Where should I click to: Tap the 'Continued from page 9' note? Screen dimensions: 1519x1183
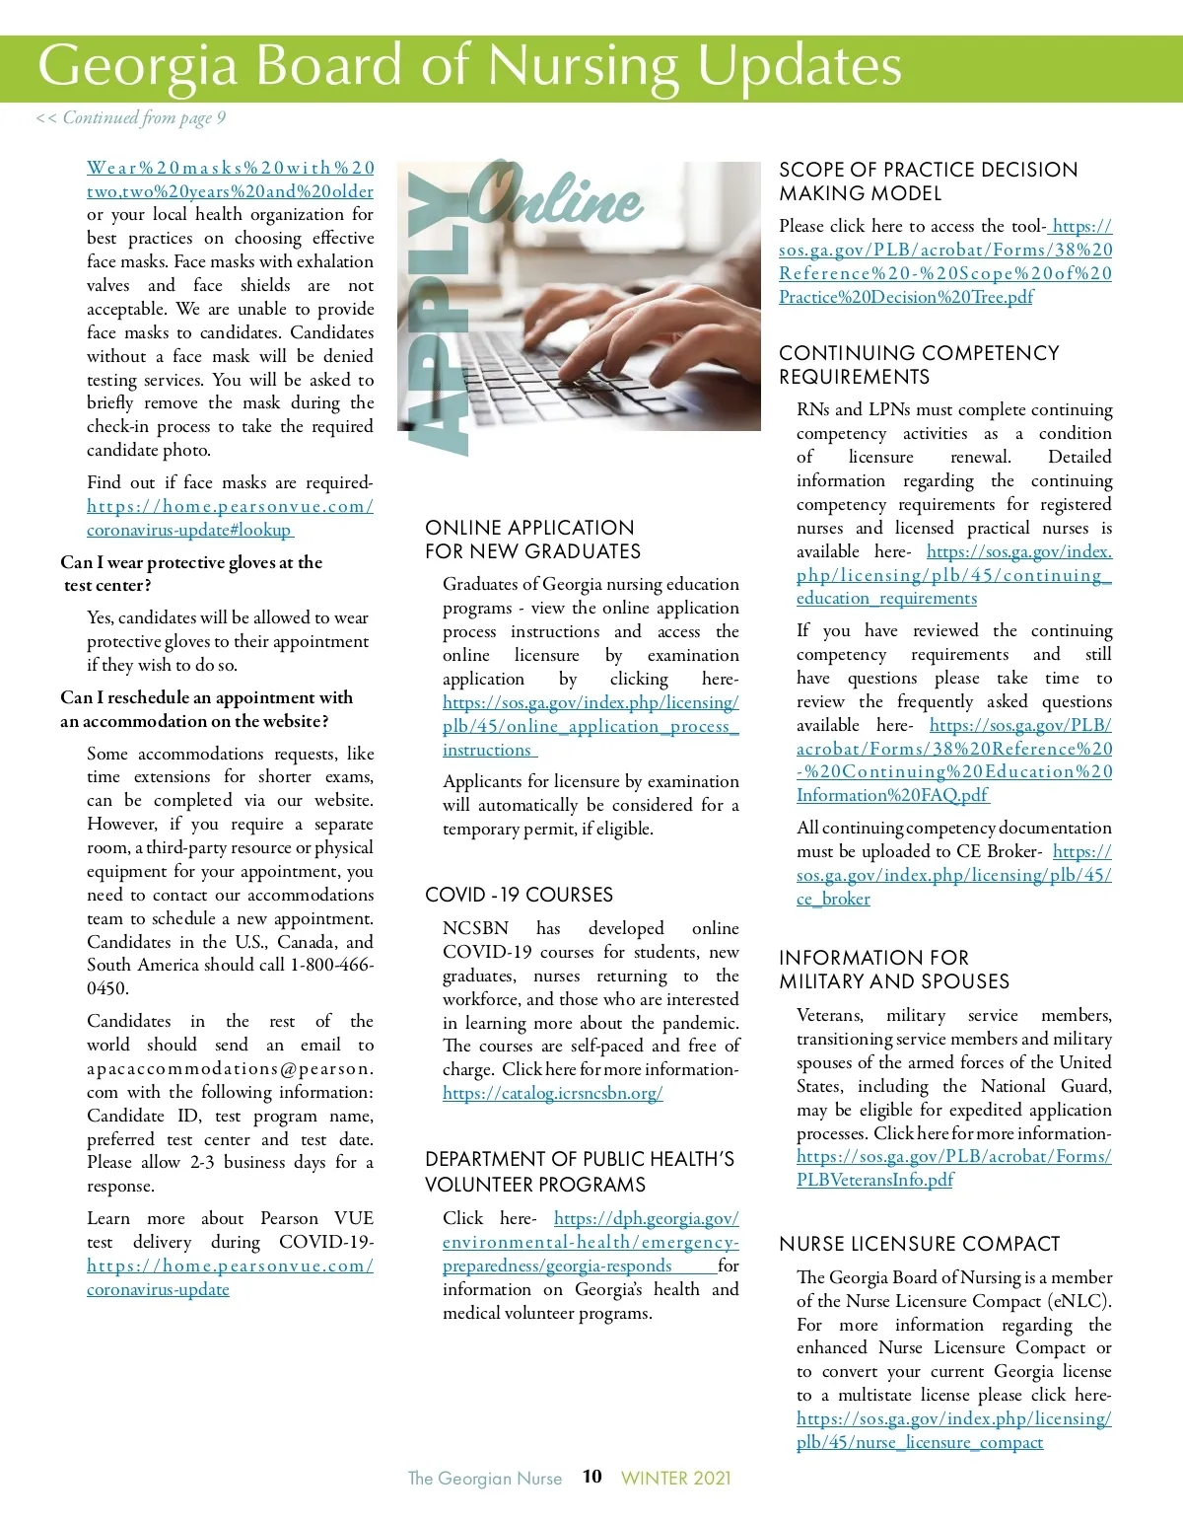(x=131, y=118)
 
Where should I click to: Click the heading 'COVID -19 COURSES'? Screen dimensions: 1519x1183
(x=519, y=895)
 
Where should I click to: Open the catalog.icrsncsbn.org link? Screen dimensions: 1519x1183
(x=552, y=1093)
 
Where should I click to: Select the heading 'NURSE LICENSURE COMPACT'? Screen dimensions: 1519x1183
(x=919, y=1244)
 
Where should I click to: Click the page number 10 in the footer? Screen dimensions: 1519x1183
(x=591, y=1477)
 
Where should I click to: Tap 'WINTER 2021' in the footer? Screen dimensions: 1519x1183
(x=676, y=1478)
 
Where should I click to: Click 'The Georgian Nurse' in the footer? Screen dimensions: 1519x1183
(x=485, y=1478)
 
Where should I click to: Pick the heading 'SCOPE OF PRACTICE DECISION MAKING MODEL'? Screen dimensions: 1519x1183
(x=928, y=181)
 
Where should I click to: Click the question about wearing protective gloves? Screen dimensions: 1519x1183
(x=191, y=574)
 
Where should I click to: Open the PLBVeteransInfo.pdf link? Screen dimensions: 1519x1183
(x=874, y=1180)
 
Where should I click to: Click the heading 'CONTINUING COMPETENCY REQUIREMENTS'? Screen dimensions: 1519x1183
(x=919, y=365)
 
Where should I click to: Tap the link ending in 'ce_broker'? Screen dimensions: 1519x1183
(x=833, y=899)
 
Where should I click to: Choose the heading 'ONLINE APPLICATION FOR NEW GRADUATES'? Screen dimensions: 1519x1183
(x=532, y=540)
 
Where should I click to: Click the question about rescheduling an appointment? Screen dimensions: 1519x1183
(x=206, y=709)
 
